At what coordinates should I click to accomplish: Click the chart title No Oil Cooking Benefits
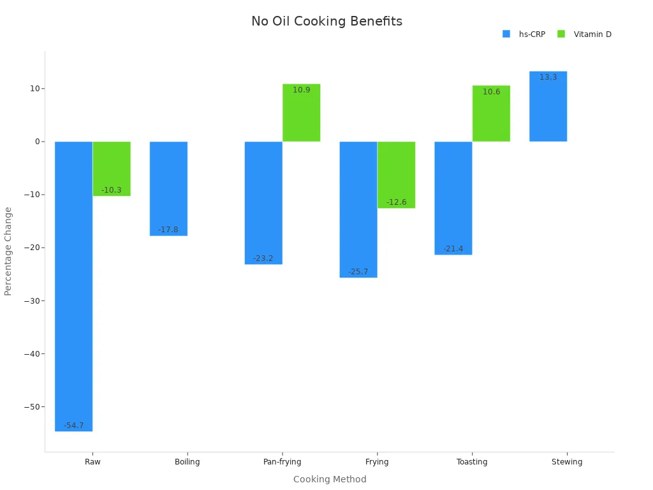point(326,22)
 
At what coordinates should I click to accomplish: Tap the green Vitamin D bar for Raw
point(112,168)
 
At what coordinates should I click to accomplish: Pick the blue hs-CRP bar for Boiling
point(168,188)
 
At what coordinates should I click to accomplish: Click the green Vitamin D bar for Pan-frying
point(301,112)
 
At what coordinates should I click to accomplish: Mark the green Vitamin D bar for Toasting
point(491,113)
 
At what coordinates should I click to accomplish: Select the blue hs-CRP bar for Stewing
point(548,106)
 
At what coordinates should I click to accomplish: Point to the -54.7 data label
point(73,426)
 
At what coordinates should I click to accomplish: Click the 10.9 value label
point(301,90)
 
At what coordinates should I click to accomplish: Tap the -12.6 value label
point(396,202)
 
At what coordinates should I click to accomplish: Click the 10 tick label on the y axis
point(34,88)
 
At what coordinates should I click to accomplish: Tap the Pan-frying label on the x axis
point(282,462)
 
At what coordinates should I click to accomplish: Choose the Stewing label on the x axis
point(566,462)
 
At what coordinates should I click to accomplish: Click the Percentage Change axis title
point(8,251)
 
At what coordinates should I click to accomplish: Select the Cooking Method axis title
point(330,479)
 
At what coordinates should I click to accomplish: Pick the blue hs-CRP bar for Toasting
point(453,198)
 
